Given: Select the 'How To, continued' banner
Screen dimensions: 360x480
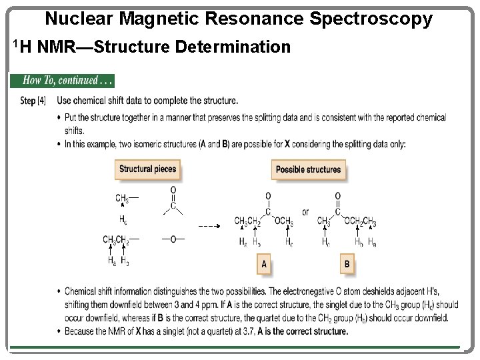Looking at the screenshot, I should coord(62,81).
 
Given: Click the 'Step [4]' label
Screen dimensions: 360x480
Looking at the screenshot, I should coord(33,101).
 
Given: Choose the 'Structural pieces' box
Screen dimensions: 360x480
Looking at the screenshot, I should coord(147,169).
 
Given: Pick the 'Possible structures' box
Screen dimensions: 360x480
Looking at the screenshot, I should coord(308,169).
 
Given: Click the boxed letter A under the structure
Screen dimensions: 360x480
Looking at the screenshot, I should coord(264,265).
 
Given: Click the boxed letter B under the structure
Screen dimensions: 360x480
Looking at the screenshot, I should coord(346,265).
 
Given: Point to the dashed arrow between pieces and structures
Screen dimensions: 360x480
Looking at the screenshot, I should coord(209,227).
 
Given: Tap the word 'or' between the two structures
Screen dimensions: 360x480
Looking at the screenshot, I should coord(305,213).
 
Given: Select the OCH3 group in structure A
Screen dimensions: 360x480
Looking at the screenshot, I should coord(284,221).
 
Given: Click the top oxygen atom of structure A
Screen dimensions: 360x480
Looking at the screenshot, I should coord(268,196).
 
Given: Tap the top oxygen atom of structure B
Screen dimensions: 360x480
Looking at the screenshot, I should coord(337,196).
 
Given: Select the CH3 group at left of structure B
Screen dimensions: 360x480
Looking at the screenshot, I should coord(324,221).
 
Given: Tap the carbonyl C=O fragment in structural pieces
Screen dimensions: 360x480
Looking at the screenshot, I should coord(173,199).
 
